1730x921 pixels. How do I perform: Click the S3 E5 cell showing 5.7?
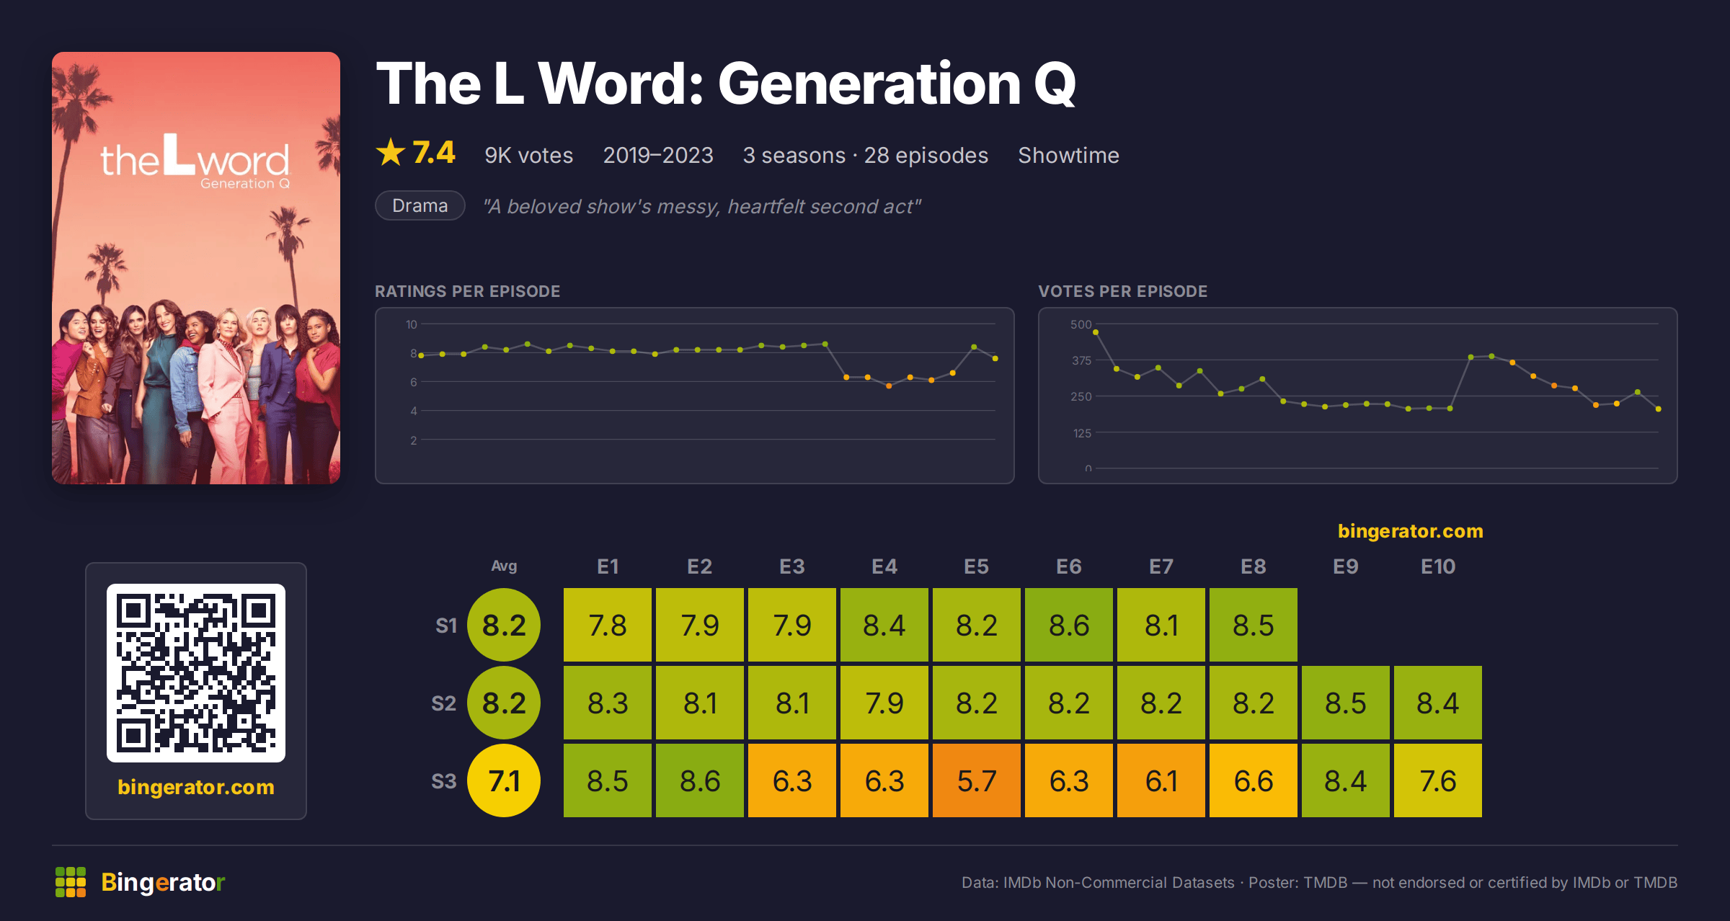(977, 780)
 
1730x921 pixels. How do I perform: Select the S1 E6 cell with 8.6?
(1069, 625)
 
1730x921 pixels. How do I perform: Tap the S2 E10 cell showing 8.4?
(1438, 703)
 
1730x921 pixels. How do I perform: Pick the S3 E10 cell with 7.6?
(1438, 780)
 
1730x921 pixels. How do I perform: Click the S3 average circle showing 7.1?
(504, 780)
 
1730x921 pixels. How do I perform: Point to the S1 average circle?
(504, 625)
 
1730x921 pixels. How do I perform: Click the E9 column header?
(1346, 566)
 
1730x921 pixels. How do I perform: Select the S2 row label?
(444, 703)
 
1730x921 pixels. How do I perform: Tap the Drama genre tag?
(420, 205)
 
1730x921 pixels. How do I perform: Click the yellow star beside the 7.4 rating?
(391, 152)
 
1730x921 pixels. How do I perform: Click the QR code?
(196, 673)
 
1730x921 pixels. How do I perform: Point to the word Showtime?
(1068, 155)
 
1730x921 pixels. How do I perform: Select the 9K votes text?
(528, 155)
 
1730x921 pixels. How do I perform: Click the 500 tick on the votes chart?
(1081, 324)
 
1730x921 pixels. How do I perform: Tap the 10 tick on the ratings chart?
(411, 324)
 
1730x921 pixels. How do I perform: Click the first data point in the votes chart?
(1096, 332)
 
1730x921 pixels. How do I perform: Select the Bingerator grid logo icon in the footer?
(71, 882)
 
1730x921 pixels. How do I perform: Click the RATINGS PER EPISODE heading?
(467, 291)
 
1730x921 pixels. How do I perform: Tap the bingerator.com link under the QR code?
(196, 787)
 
